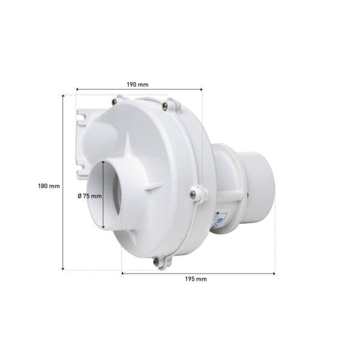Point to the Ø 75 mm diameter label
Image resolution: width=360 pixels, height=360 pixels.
click(89, 196)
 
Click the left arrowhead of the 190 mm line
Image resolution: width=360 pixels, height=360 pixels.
click(77, 89)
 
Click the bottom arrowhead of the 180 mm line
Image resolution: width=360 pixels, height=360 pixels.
click(64, 268)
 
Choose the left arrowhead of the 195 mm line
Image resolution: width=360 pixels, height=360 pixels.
click(123, 273)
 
